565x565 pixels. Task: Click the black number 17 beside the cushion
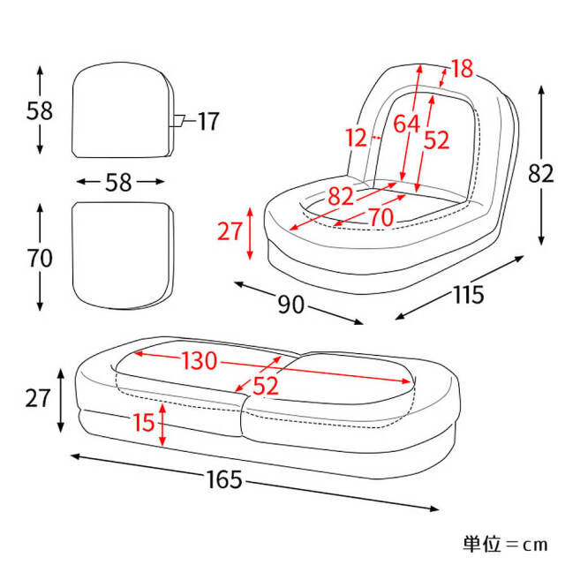(x=208, y=122)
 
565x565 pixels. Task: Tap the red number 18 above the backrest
(x=462, y=69)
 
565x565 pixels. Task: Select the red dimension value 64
(x=407, y=124)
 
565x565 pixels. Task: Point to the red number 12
(x=357, y=138)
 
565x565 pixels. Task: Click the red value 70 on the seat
(x=381, y=218)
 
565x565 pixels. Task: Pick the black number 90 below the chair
(x=291, y=305)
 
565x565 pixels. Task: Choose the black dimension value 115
(x=468, y=295)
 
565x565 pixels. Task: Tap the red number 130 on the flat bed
(x=200, y=361)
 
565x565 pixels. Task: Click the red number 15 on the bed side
(x=144, y=422)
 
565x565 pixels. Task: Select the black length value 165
(x=224, y=479)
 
